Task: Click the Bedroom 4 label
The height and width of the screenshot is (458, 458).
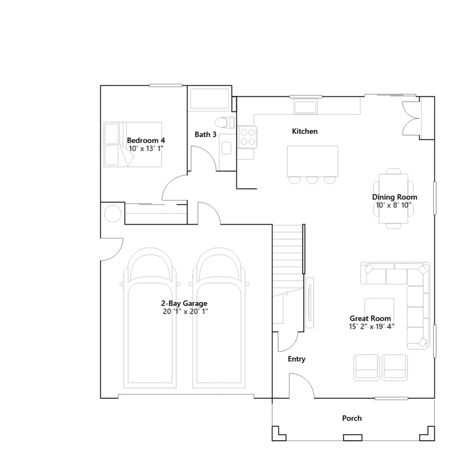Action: tap(146, 140)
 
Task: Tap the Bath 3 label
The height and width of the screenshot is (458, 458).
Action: tap(206, 134)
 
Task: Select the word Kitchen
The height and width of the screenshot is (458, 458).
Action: tap(305, 131)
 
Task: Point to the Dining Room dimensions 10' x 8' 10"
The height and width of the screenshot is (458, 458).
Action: tap(394, 205)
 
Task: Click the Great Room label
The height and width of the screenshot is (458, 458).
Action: tap(370, 318)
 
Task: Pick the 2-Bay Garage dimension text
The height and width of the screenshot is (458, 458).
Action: tap(185, 311)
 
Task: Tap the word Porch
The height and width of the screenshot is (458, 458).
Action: tap(352, 418)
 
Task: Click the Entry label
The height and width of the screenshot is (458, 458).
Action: tap(297, 359)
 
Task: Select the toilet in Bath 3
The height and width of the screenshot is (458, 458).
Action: tap(224, 123)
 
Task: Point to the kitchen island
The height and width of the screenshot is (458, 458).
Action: tap(313, 161)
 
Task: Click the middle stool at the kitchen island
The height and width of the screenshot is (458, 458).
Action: tap(312, 180)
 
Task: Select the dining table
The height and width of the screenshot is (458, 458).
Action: tap(394, 198)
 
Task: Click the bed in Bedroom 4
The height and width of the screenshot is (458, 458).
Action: tap(133, 145)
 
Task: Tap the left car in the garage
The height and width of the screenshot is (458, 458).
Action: tap(150, 318)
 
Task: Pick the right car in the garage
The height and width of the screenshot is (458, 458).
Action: tap(219, 318)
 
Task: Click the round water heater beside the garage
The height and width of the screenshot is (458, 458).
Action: tap(112, 214)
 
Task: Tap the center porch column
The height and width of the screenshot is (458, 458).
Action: tap(353, 438)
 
